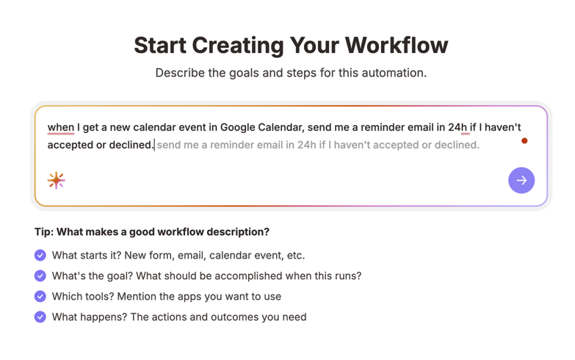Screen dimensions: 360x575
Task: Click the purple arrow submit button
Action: [x=521, y=180]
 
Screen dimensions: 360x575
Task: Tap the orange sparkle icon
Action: [x=57, y=180]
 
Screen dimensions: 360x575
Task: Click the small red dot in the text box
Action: [x=524, y=140]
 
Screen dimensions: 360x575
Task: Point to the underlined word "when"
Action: [x=61, y=127]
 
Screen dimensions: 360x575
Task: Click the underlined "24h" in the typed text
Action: [x=458, y=127]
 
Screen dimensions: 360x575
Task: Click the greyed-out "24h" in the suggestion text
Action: [x=307, y=145]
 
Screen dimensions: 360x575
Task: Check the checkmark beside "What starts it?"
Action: [x=40, y=255]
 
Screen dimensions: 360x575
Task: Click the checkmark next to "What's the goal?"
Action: [x=40, y=276]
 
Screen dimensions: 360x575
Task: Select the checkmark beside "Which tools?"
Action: [x=40, y=296]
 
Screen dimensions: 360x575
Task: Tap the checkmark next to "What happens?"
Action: [x=40, y=317]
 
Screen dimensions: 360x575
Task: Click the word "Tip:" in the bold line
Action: [x=44, y=231]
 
